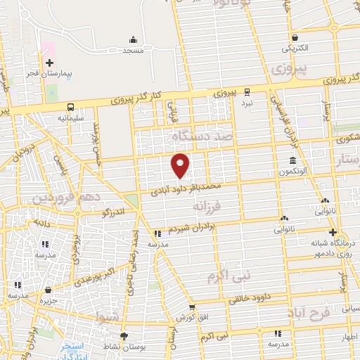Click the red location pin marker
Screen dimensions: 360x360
[x=180, y=165]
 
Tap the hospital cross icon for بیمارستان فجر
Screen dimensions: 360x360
[x=49, y=63]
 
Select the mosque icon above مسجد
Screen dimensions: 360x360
[x=133, y=40]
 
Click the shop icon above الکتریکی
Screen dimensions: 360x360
[x=295, y=38]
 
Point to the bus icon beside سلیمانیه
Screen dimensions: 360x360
[x=70, y=107]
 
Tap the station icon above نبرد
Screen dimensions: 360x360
[x=246, y=91]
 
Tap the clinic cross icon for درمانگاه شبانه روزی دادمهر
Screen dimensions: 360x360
[x=332, y=233]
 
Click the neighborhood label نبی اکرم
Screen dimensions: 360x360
[x=229, y=276]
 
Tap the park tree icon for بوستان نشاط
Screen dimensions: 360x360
[x=124, y=336]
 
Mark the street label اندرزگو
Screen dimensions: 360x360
[x=114, y=210]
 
